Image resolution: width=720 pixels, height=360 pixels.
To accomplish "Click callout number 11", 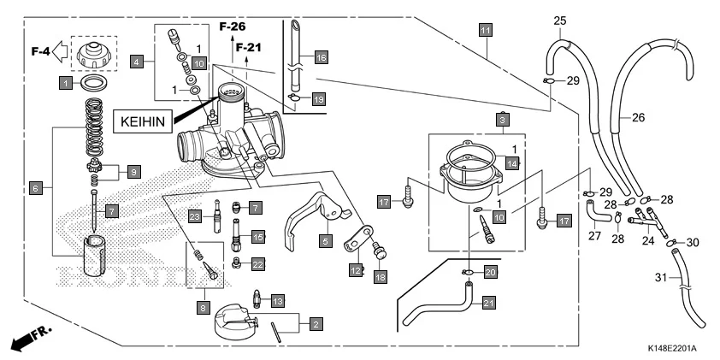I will coord(486,30).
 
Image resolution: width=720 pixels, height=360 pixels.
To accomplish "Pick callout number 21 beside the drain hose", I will coord(488,301).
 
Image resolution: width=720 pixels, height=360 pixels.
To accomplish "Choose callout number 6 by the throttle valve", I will coord(36,186).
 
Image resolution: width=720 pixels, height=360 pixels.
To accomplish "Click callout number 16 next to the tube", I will coord(321,57).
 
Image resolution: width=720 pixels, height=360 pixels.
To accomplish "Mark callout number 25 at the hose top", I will coord(560,21).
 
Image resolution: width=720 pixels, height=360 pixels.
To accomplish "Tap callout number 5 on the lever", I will coord(325,241).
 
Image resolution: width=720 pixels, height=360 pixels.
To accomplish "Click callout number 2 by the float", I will coord(316,324).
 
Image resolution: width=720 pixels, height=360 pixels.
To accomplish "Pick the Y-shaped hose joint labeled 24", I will coord(643,221).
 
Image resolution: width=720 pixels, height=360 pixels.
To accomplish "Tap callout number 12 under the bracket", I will coord(354,270).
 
